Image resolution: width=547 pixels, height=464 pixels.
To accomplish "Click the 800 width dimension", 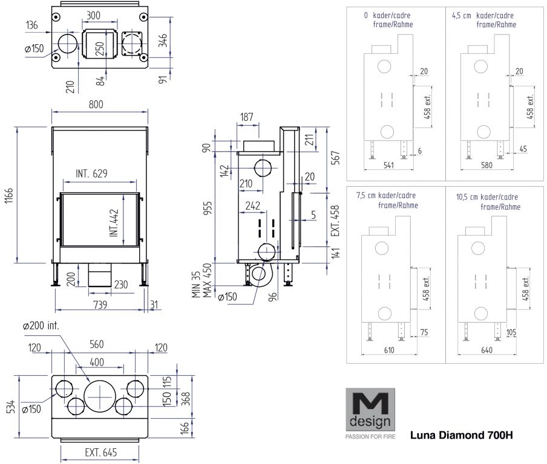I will click(96, 104).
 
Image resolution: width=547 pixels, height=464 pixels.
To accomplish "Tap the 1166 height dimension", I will click(10, 195).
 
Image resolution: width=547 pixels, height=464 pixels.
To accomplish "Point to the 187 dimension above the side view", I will click(247, 117).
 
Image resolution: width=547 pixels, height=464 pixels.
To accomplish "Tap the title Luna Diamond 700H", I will click(462, 435).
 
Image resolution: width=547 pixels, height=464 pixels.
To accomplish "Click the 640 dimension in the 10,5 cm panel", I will click(480, 349).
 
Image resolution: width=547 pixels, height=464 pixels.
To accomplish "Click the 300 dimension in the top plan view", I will click(94, 14).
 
